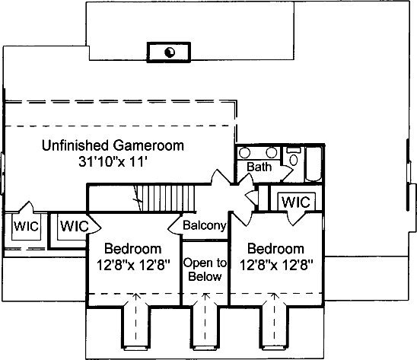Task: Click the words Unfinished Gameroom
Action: coord(113,145)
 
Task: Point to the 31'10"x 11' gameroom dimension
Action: coord(113,161)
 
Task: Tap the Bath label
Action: coord(259,167)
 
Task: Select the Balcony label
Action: coord(205,225)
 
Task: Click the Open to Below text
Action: coord(205,269)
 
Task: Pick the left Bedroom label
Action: coord(132,249)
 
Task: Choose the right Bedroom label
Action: coord(275,249)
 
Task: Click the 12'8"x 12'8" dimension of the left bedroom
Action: coord(133,265)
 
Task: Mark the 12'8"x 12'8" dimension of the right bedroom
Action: coord(276,265)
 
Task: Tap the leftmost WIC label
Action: coord(26,226)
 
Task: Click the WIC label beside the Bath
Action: coord(296,202)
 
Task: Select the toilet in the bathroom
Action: coord(293,157)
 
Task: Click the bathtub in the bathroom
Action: coord(314,164)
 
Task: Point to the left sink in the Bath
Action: coord(244,153)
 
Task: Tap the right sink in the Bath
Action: coord(271,153)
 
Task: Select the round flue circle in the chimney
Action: coord(170,53)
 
